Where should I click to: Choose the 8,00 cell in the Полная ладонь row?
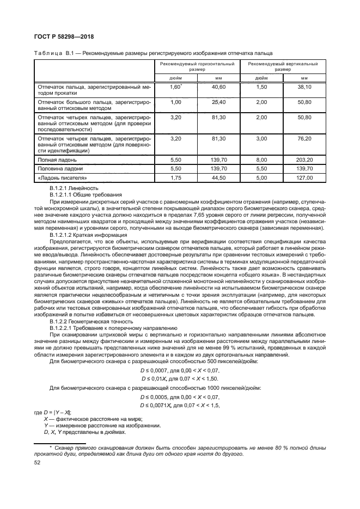(262, 161)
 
